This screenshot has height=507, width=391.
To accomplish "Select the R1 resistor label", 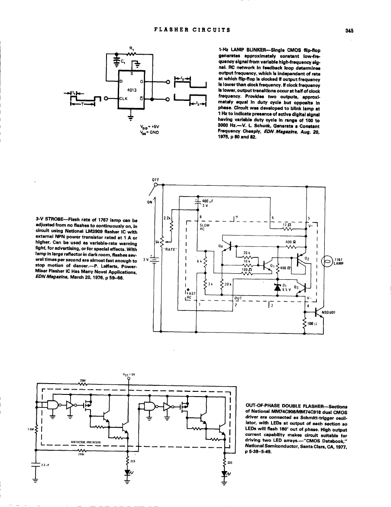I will (x=132, y=48).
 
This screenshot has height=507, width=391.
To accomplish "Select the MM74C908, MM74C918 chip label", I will (x=86, y=442).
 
